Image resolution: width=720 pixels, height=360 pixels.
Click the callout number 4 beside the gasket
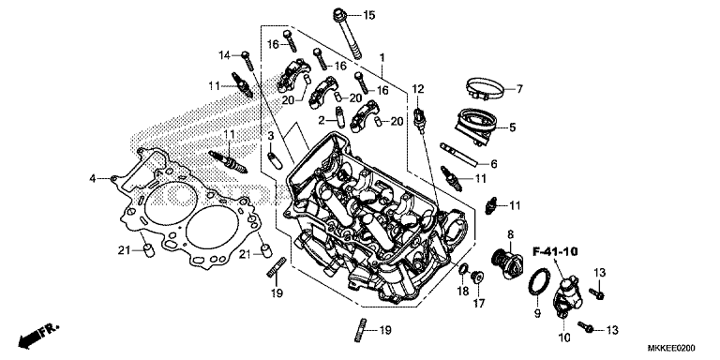tap(93, 178)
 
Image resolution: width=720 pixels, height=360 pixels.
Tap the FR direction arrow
tap(35, 333)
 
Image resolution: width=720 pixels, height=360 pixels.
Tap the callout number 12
tap(417, 88)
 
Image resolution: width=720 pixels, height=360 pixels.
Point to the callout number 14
tap(224, 55)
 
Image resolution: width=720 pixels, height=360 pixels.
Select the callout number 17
tap(478, 304)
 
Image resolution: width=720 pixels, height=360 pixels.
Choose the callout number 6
tap(494, 163)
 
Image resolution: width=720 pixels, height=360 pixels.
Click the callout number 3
tap(269, 137)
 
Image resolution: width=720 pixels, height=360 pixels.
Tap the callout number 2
tap(321, 120)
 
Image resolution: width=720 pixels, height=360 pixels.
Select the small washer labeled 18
tap(462, 273)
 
